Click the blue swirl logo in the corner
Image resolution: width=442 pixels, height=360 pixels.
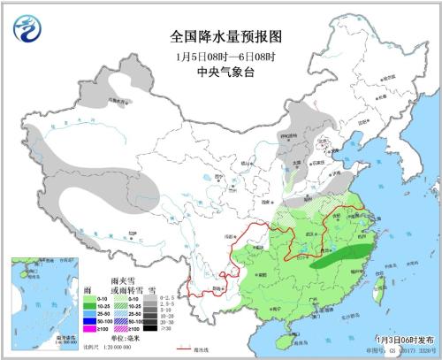pyautogui.click(x=28, y=27)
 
